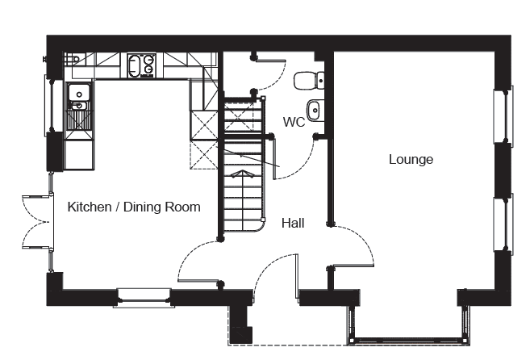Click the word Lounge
pos(411,159)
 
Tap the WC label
pos(294,122)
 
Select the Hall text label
pos(293,224)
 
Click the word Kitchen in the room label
pos(90,207)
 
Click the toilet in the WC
pos(309,81)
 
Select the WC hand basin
pos(315,110)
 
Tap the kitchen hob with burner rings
pos(142,66)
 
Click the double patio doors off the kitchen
pos(36,222)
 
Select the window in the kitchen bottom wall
pos(144,298)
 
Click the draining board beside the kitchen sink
pos(79,119)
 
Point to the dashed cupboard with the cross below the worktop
pos(204,155)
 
